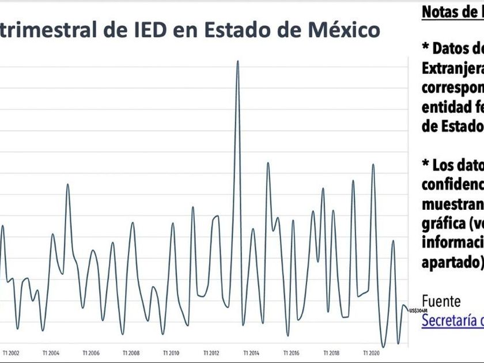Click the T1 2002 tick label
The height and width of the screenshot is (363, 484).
click(11, 353)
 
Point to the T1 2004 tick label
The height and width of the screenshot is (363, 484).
click(51, 353)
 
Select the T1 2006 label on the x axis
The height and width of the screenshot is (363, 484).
click(91, 353)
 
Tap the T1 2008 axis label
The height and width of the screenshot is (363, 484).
click(131, 353)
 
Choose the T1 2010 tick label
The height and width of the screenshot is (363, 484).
click(171, 353)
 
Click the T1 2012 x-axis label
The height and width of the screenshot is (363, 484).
click(211, 353)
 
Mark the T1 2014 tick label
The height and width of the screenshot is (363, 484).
click(252, 353)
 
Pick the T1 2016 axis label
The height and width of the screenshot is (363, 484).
click(292, 353)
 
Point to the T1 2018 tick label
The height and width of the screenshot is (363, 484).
click(331, 353)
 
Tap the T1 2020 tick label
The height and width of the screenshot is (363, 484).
click(371, 353)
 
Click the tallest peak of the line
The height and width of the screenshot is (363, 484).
click(237, 61)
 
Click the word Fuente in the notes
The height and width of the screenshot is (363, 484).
click(441, 301)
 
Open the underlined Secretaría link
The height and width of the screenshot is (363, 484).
click(452, 321)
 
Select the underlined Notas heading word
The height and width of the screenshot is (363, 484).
click(443, 12)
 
